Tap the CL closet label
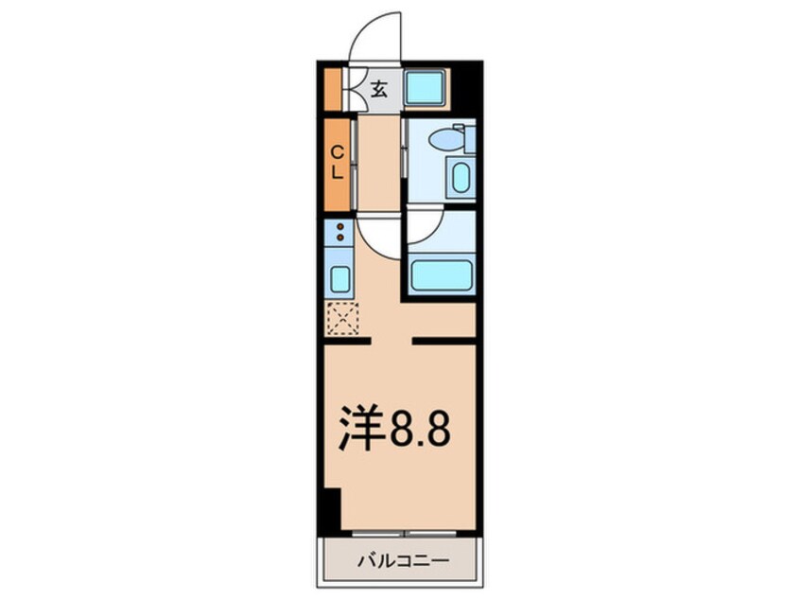coord(337,162)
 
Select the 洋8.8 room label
coord(394,431)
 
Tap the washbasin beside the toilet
coord(461,178)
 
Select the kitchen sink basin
coord(339,279)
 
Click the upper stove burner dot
coord(339,227)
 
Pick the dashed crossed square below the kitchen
coord(341,318)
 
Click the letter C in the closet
coord(337,151)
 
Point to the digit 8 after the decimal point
coord(432,432)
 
